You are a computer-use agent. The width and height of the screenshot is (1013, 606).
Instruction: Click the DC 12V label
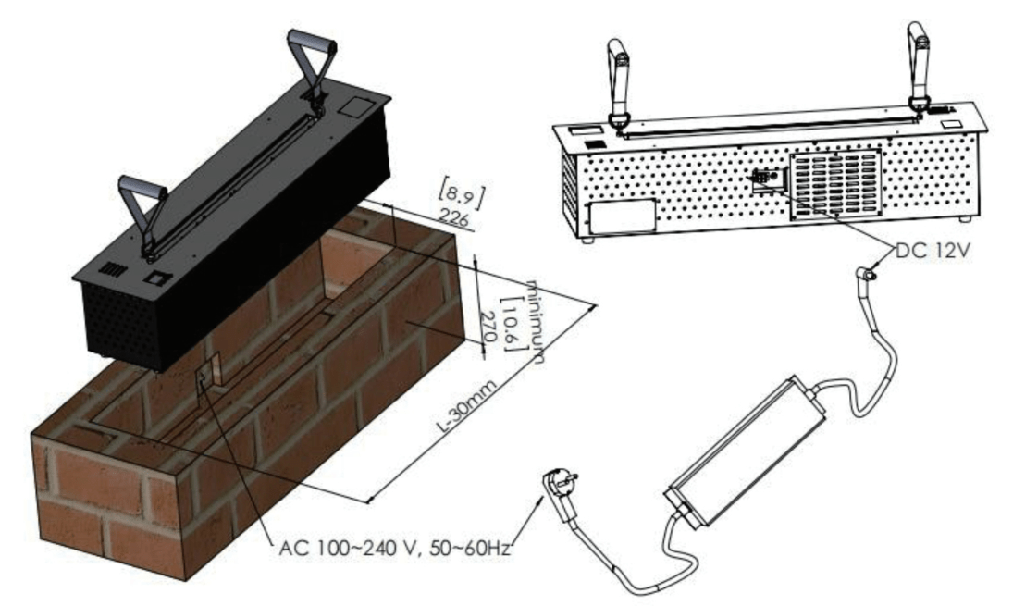pyautogui.click(x=933, y=251)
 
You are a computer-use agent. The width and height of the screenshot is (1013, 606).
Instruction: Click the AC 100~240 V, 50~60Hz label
pyautogui.click(x=395, y=549)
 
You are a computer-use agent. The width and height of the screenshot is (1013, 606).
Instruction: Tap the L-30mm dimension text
pyautogui.click(x=468, y=406)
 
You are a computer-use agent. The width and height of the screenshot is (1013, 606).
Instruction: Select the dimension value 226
pyautogui.click(x=455, y=217)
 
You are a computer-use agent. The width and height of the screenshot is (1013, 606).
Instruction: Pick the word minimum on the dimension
pyautogui.click(x=536, y=321)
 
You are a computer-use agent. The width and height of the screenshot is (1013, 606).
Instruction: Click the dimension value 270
pyautogui.click(x=490, y=327)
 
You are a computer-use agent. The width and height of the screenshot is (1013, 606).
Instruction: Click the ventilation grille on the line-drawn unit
pyautogui.click(x=836, y=183)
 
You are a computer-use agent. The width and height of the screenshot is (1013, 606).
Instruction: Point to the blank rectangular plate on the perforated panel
pyautogui.click(x=621, y=216)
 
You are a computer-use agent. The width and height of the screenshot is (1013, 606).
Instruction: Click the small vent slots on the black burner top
pyautogui.click(x=113, y=269)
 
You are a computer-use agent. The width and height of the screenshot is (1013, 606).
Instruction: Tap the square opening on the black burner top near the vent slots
pyautogui.click(x=157, y=278)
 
